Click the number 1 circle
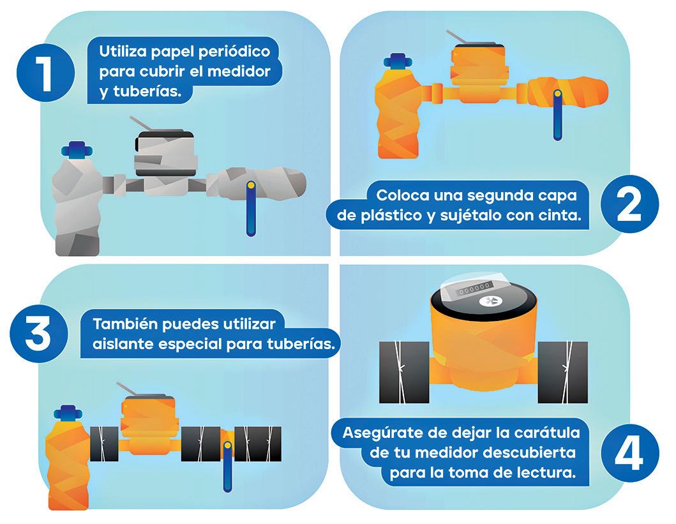pos(46,73)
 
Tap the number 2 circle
pos(629,204)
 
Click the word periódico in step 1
pos(232,52)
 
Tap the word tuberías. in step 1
pos(147,92)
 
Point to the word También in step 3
pos(124,324)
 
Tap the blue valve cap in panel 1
pos(77,150)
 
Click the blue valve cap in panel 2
pos(398,61)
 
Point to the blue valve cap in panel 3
pos(68,413)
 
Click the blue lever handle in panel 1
pos(251,209)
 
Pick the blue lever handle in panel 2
pos(557,115)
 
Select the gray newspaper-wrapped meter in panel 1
pos(164,162)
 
